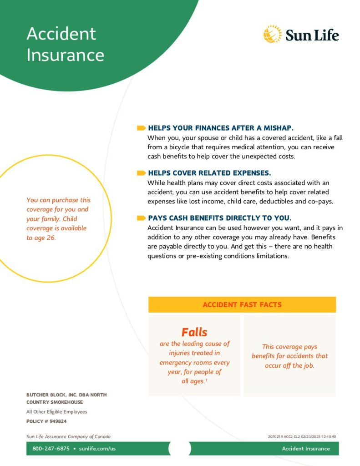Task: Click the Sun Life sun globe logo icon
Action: pos(272,34)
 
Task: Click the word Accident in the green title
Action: pos(61,33)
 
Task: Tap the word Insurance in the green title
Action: pos(66,55)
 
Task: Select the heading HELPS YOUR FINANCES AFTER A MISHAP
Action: pos(221,128)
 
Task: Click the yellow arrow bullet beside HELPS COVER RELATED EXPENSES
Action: pos(141,173)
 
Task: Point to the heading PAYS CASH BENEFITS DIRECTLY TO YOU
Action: pos(220,218)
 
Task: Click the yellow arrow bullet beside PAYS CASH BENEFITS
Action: pos(141,218)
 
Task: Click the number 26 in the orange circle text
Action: pos(51,238)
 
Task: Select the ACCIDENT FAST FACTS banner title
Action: pos(242,304)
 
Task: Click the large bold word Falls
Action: pos(194,332)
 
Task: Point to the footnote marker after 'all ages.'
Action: pos(206,380)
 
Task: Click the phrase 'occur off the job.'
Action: pos(289,365)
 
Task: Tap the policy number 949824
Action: pos(58,421)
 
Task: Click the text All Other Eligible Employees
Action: pos(57,412)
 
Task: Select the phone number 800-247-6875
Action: pos(51,448)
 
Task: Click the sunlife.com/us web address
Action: pos(97,448)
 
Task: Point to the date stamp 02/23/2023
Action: pos(310,436)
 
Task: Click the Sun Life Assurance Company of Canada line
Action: pos(68,436)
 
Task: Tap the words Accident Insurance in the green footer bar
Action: pos(306,448)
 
